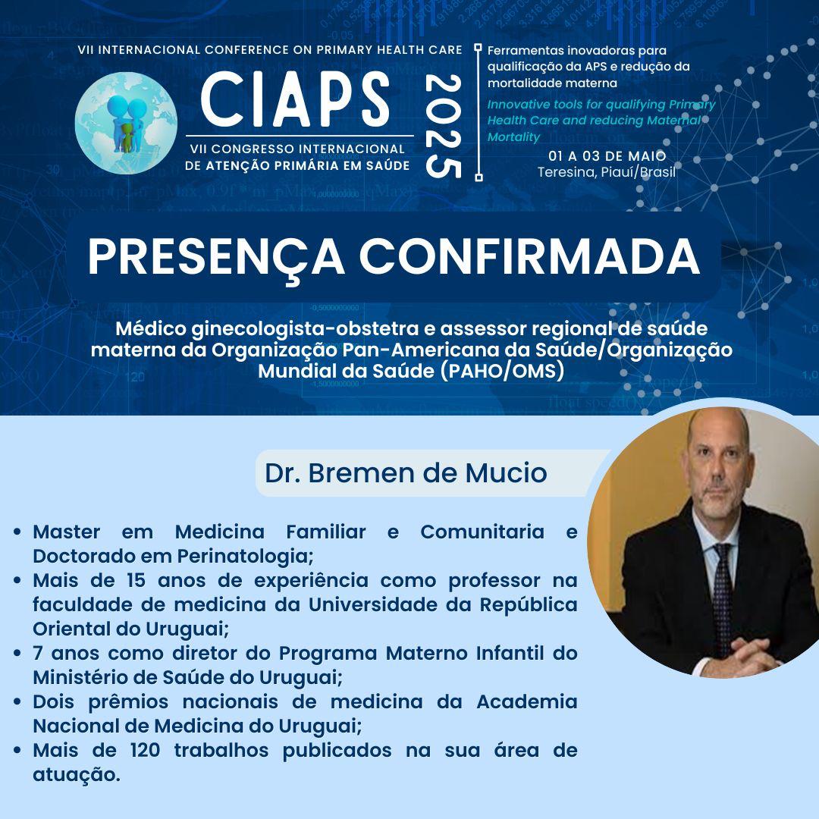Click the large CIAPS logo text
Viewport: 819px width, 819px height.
point(295,99)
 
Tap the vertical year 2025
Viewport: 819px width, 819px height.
point(444,126)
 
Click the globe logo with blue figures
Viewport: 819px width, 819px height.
point(126,123)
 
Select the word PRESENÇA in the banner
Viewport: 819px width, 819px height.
point(216,258)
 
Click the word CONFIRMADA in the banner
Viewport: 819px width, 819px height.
point(529,256)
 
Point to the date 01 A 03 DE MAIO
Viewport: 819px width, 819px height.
point(607,155)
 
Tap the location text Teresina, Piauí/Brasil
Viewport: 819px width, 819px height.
point(607,172)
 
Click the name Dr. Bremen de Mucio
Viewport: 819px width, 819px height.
point(406,473)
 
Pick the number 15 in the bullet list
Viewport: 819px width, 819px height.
point(136,580)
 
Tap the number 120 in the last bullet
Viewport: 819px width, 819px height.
point(145,751)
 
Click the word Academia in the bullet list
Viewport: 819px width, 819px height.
point(526,701)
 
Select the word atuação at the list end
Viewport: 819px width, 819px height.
point(77,775)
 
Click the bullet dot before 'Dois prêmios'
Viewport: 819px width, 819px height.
point(18,702)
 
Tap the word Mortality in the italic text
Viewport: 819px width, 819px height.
point(513,136)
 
